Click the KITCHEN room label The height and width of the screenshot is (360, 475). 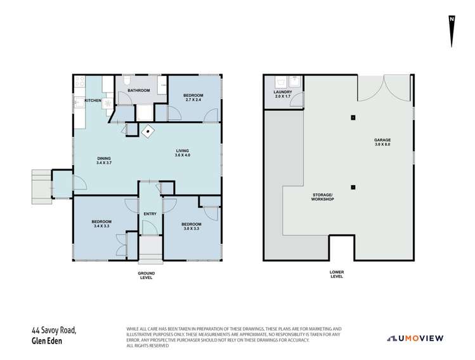[x=93, y=100]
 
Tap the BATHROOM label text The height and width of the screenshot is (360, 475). [x=138, y=91]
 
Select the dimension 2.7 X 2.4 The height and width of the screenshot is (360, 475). [x=193, y=100]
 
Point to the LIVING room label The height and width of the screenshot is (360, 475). [x=183, y=150]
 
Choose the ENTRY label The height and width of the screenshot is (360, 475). [x=150, y=214]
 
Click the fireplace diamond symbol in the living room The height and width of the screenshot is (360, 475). [x=149, y=132]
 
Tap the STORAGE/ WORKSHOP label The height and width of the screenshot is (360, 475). [x=323, y=196]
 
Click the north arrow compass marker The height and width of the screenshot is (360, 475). [x=451, y=30]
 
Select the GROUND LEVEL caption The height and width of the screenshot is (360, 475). [x=146, y=276]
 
